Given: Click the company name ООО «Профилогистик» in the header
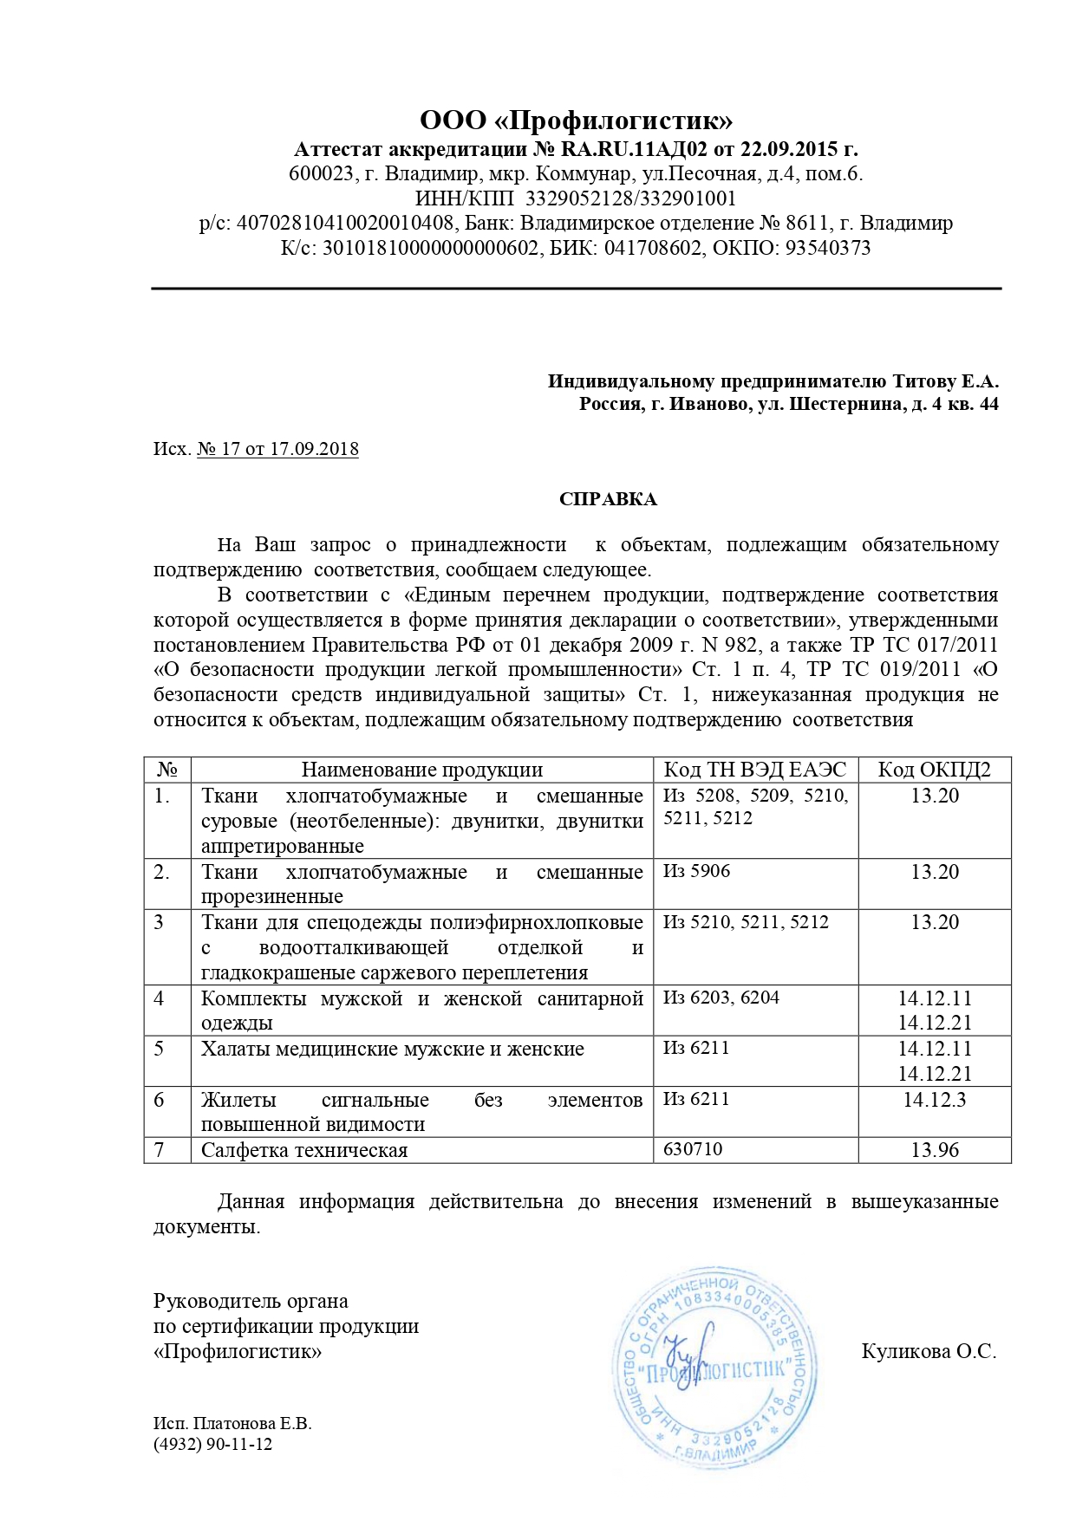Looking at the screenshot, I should point(576,120).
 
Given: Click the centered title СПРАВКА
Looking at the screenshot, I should point(608,499).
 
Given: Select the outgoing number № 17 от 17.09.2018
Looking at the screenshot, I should point(277,449).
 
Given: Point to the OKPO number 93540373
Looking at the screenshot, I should point(827,248).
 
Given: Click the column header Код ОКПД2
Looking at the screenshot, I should point(934,770).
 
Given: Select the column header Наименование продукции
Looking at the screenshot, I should point(421,770).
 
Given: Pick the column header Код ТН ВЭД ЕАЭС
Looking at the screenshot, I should point(754,770).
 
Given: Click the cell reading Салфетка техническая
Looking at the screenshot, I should point(304,1150).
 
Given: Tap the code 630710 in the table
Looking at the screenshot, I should point(693,1149).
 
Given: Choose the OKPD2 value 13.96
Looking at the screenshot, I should point(935,1150).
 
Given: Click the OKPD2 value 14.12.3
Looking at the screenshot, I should point(934,1100).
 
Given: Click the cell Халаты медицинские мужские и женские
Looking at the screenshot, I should point(393,1049).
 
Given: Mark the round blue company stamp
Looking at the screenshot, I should point(716,1368).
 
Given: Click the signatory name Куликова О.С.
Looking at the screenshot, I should point(929,1351).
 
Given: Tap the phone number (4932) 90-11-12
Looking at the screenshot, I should point(212,1444).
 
